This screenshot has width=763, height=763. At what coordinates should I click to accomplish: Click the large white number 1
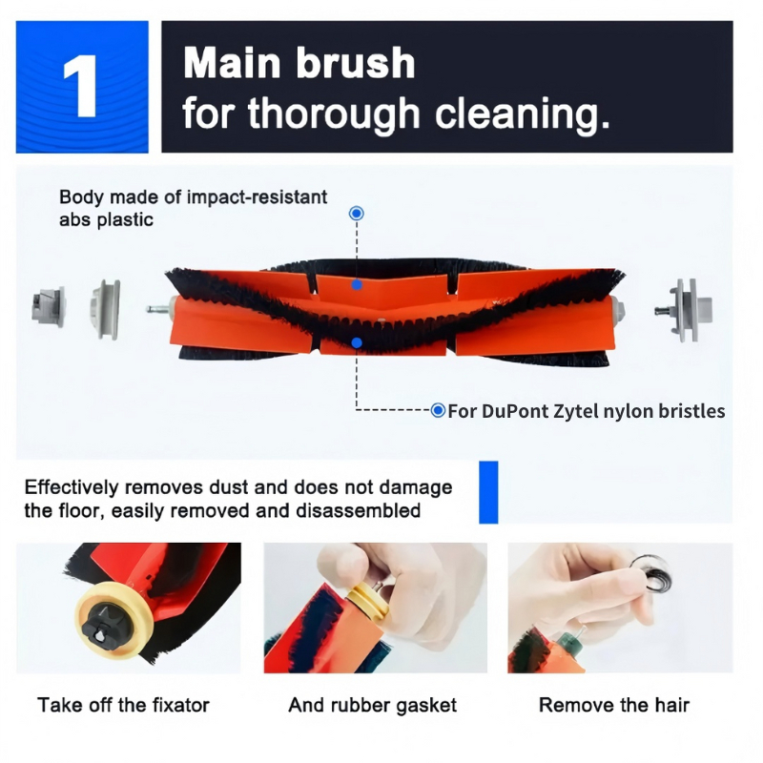pyautogui.click(x=81, y=85)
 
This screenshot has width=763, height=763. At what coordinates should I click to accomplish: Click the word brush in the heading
pyautogui.click(x=355, y=63)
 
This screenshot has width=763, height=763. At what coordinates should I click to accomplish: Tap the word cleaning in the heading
pyautogui.click(x=522, y=113)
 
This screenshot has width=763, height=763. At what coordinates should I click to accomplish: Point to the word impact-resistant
pyautogui.click(x=257, y=197)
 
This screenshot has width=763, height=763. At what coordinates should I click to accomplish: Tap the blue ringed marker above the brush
pyautogui.click(x=357, y=213)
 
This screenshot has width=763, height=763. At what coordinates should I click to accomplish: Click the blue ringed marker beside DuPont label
pyautogui.click(x=438, y=410)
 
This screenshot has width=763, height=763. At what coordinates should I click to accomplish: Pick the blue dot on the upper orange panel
pyautogui.click(x=357, y=285)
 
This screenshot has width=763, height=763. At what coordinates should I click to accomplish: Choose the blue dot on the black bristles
pyautogui.click(x=357, y=343)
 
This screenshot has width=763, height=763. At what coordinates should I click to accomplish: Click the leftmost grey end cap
pyautogui.click(x=49, y=306)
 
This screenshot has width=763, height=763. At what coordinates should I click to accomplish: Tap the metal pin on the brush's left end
pyautogui.click(x=157, y=308)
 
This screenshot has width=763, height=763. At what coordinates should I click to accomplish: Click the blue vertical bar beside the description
pyautogui.click(x=488, y=492)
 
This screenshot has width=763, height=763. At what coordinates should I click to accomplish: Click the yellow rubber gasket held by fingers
pyautogui.click(x=370, y=605)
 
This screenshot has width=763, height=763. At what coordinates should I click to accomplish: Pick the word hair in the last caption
pyautogui.click(x=672, y=705)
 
